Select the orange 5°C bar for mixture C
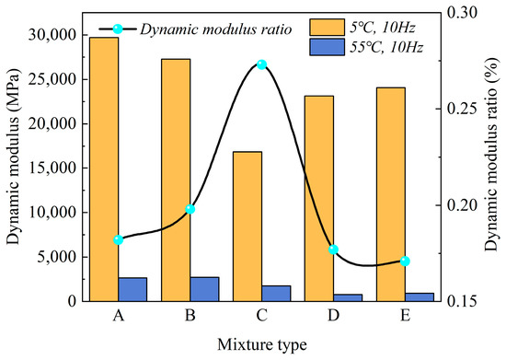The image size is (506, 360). tap(247, 226)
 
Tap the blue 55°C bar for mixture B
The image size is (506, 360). tap(204, 289)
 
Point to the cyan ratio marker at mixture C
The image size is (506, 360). tap(261, 64)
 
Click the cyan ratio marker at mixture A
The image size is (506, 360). tap(119, 239)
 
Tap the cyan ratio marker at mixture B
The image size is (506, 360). tap(190, 209)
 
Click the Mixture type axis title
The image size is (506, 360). tap(261, 343)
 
